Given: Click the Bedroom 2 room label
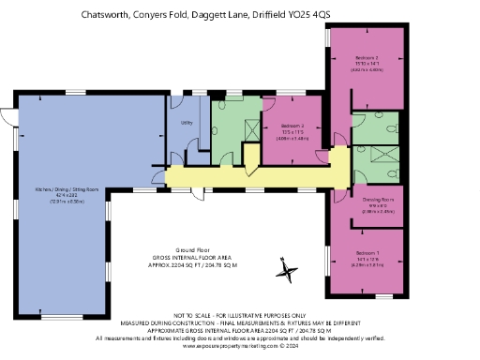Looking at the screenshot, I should [x=367, y=58].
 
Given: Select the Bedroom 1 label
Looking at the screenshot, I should [x=367, y=253].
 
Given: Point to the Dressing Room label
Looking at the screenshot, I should [x=367, y=200].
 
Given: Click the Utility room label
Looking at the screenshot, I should [x=187, y=122].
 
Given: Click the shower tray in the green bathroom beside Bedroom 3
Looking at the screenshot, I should [x=251, y=129].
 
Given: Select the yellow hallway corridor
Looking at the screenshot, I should [x=253, y=175].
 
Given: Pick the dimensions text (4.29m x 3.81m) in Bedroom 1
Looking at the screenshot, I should [x=367, y=264].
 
